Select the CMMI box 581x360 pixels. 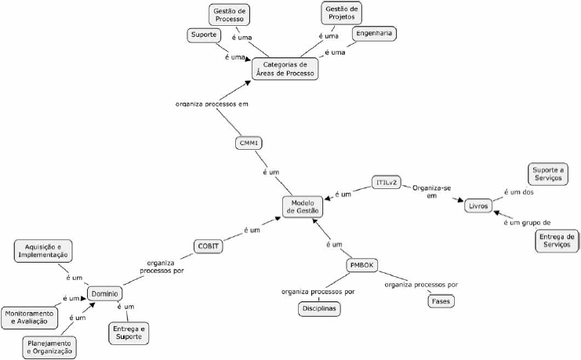pyautogui.click(x=249, y=144)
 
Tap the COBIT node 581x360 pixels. pyautogui.click(x=209, y=245)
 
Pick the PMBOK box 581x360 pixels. pyautogui.click(x=363, y=265)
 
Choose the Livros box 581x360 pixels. pyautogui.click(x=478, y=205)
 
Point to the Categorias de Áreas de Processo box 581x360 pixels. pyautogui.click(x=285, y=68)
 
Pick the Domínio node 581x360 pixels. pyautogui.click(x=103, y=293)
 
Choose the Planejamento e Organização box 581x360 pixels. pyautogui.click(x=50, y=347)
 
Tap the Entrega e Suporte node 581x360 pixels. pyautogui.click(x=129, y=332)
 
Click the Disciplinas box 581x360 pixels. pyautogui.click(x=320, y=309)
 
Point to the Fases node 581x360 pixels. pyautogui.click(x=441, y=301)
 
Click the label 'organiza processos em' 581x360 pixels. pyautogui.click(x=211, y=103)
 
